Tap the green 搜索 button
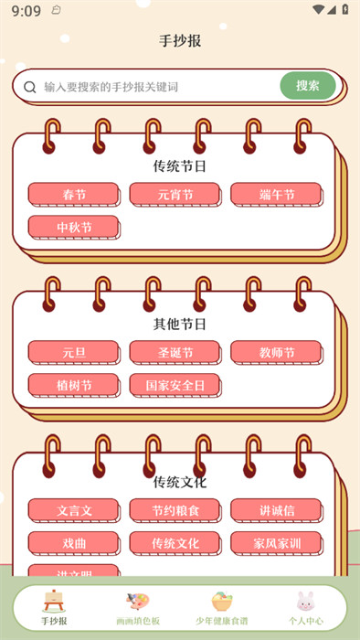coord(308,86)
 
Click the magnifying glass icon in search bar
coord(29,87)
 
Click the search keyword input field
coord(155,87)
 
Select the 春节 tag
coord(74,195)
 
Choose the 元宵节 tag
coord(175,195)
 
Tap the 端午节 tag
coord(276,195)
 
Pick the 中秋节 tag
coord(74,227)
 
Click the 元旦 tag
coord(74,352)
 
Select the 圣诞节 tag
coord(175,352)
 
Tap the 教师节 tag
coord(276,352)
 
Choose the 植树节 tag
coord(74,385)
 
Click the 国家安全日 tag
coord(175,385)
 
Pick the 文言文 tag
coord(74,510)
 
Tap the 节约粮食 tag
coord(175,510)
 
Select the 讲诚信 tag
coord(276,510)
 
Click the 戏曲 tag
coord(74,543)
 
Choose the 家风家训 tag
coord(276,543)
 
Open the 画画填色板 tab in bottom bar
coord(138,609)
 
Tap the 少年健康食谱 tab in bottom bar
coord(222,609)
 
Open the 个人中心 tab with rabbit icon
coord(305,609)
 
